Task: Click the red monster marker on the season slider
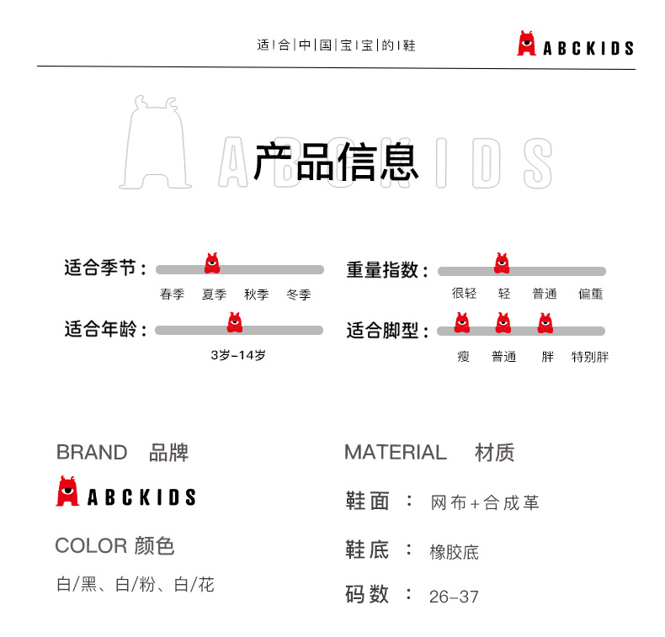pyautogui.click(x=212, y=263)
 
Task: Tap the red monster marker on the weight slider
pyautogui.click(x=503, y=263)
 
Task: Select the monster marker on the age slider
pyautogui.click(x=235, y=322)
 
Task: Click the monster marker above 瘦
pyautogui.click(x=462, y=322)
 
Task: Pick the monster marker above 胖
pyautogui.click(x=545, y=322)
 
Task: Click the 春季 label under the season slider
pyautogui.click(x=172, y=295)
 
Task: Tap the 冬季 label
pyautogui.click(x=298, y=295)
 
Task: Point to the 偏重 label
pyautogui.click(x=590, y=295)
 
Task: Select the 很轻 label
pyautogui.click(x=464, y=295)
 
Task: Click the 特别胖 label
pyautogui.click(x=590, y=357)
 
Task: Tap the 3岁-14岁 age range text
pyautogui.click(x=238, y=355)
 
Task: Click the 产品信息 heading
pyautogui.click(x=336, y=162)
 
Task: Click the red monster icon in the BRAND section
pyautogui.click(x=67, y=491)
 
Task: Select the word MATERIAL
pyautogui.click(x=395, y=453)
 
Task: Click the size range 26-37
pyautogui.click(x=454, y=597)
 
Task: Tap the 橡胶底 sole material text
pyautogui.click(x=454, y=552)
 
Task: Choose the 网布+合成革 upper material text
pyautogui.click(x=484, y=503)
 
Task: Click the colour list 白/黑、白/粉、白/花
pyautogui.click(x=136, y=584)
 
